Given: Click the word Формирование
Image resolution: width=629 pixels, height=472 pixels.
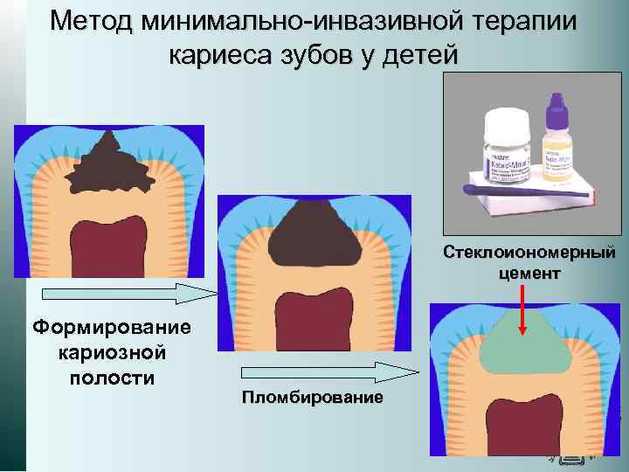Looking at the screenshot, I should (110, 329).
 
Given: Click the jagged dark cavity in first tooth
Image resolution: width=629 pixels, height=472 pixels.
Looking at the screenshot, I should (109, 168).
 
